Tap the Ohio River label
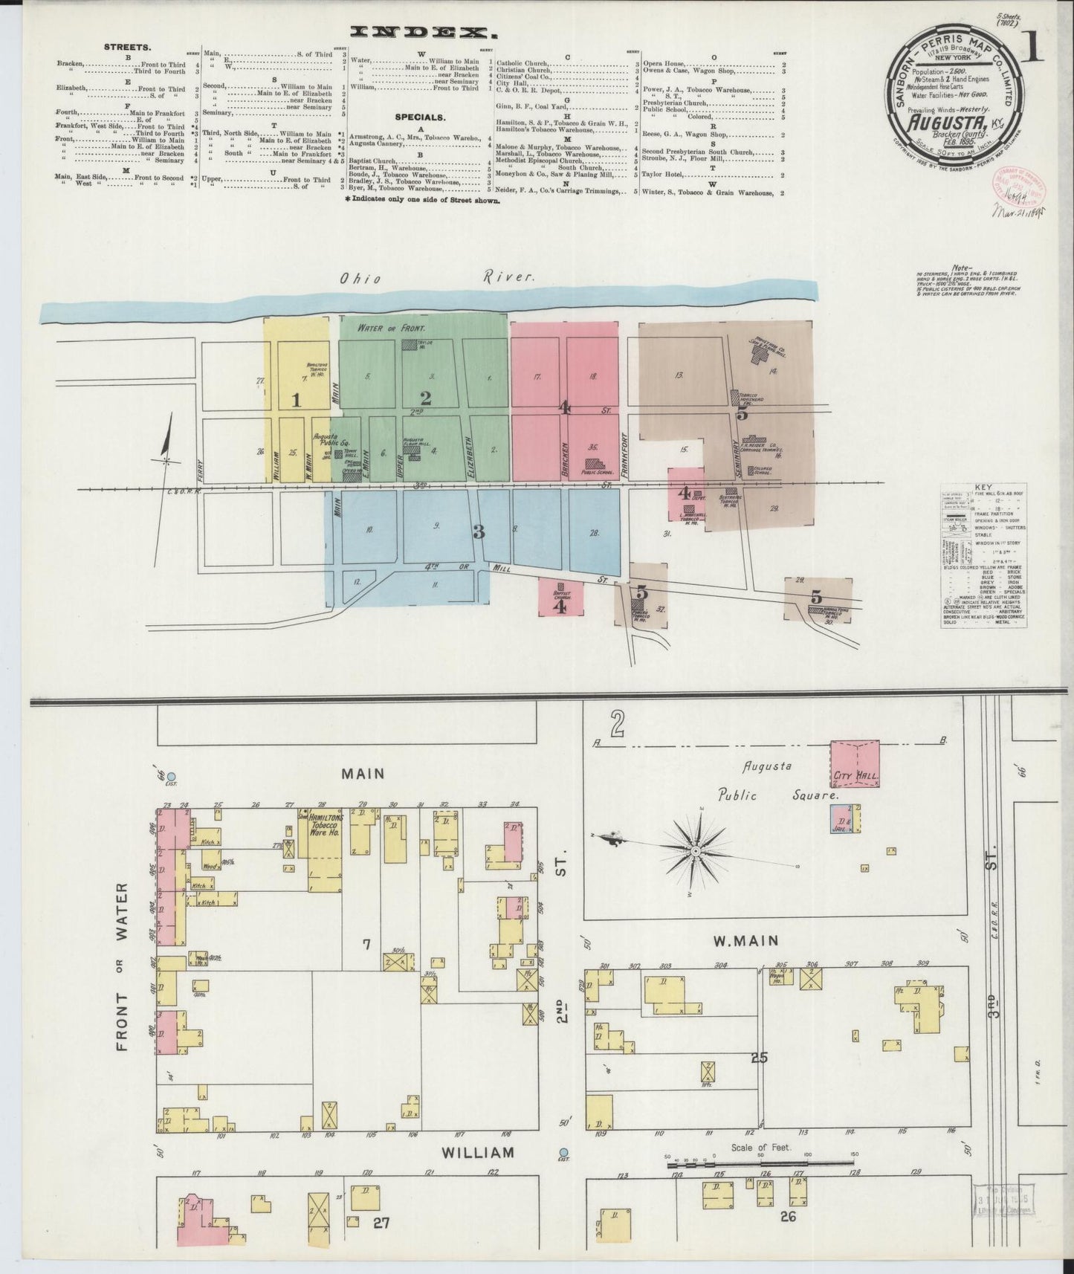point(436,277)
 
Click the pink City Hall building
point(854,763)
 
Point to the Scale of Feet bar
point(758,1177)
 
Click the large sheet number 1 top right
point(1035,51)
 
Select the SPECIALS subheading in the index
point(420,117)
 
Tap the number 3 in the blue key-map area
point(479,531)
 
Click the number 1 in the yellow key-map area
point(296,401)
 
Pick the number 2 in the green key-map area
point(425,398)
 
